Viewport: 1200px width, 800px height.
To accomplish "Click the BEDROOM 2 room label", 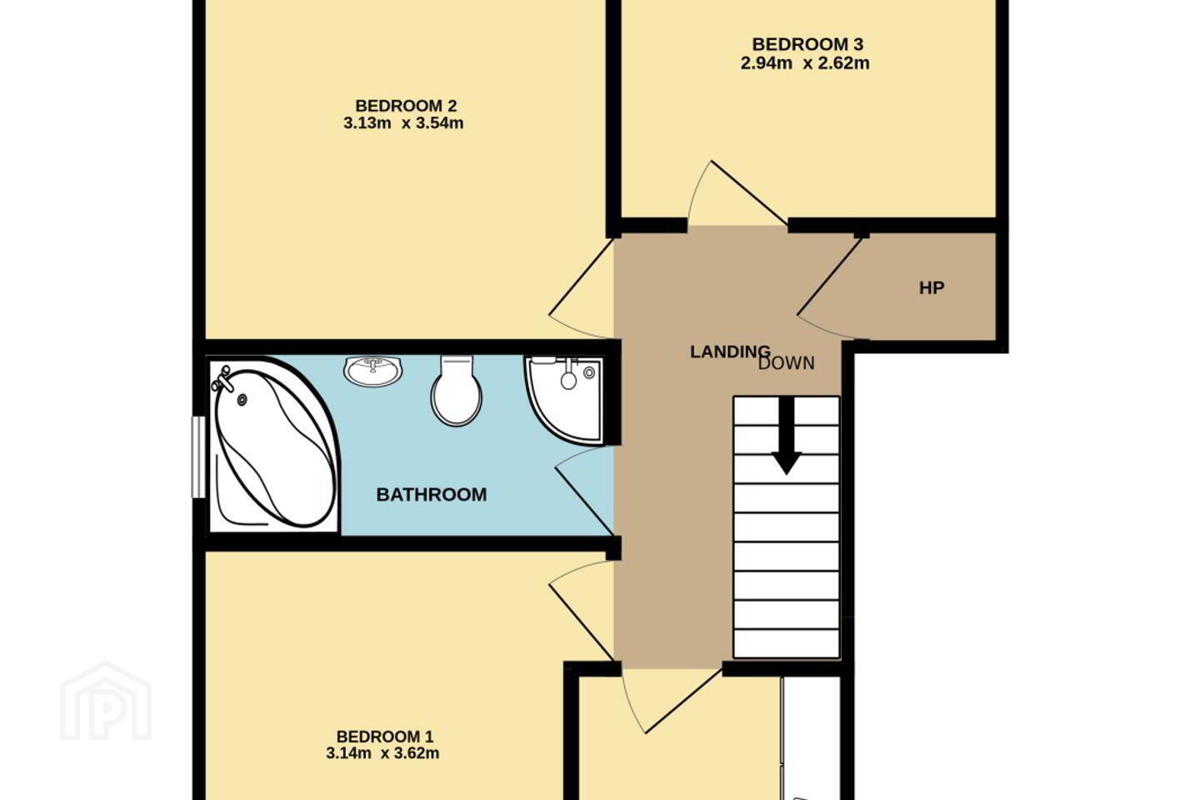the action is (x=406, y=106).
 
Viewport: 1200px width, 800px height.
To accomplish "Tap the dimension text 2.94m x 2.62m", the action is (x=805, y=63).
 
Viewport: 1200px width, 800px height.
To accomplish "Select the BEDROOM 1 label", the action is (x=385, y=736).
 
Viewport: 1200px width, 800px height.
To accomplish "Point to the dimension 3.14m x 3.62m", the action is (x=382, y=753).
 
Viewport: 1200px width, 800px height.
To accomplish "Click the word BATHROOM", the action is (x=432, y=494).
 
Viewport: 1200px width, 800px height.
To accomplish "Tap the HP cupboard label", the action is (x=932, y=287).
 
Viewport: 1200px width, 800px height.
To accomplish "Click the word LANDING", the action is (x=730, y=352).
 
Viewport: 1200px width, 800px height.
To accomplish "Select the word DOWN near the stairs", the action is (x=787, y=363).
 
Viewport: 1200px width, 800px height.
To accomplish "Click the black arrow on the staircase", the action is (x=787, y=435).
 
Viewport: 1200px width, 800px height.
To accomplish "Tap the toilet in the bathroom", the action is (x=456, y=391).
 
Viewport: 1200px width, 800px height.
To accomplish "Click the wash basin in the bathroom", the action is (x=372, y=371).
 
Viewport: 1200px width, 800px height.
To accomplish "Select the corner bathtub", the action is (x=274, y=446).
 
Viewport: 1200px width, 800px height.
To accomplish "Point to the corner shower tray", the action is (x=566, y=400).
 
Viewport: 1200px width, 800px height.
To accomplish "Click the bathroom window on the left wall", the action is (x=198, y=457).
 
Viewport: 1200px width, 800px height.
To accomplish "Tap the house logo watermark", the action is (x=106, y=702).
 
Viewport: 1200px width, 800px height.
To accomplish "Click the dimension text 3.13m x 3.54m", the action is (x=403, y=123).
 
